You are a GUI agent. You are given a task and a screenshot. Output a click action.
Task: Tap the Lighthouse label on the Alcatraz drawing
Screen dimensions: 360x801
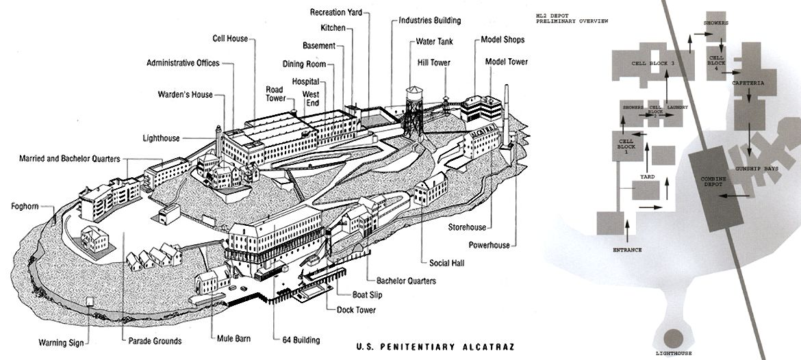point(162,138)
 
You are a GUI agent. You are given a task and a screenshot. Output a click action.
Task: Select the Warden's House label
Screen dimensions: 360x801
point(185,94)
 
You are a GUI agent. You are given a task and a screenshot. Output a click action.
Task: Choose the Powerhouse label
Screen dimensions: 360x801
point(489,246)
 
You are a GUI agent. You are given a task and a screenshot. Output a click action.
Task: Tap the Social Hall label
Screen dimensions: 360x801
point(448,263)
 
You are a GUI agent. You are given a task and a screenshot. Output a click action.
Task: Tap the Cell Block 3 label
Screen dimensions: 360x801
point(653,62)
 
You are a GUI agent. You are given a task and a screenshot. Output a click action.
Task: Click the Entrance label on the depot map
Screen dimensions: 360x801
point(626,250)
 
